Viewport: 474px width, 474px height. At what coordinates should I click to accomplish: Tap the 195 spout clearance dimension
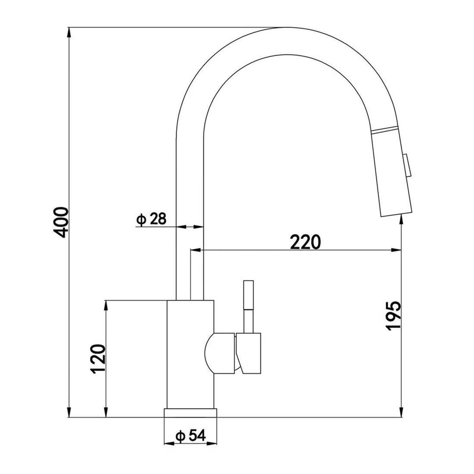point(393,315)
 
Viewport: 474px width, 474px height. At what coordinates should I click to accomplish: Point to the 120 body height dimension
point(99,359)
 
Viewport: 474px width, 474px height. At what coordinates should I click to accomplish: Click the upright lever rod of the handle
point(249,306)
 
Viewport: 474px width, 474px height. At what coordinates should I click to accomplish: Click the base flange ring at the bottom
point(190,413)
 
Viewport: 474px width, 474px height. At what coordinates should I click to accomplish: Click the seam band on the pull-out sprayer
point(384,130)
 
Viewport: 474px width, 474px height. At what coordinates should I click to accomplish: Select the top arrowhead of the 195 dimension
point(402,219)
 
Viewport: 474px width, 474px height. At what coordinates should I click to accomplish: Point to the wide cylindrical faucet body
point(190,353)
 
